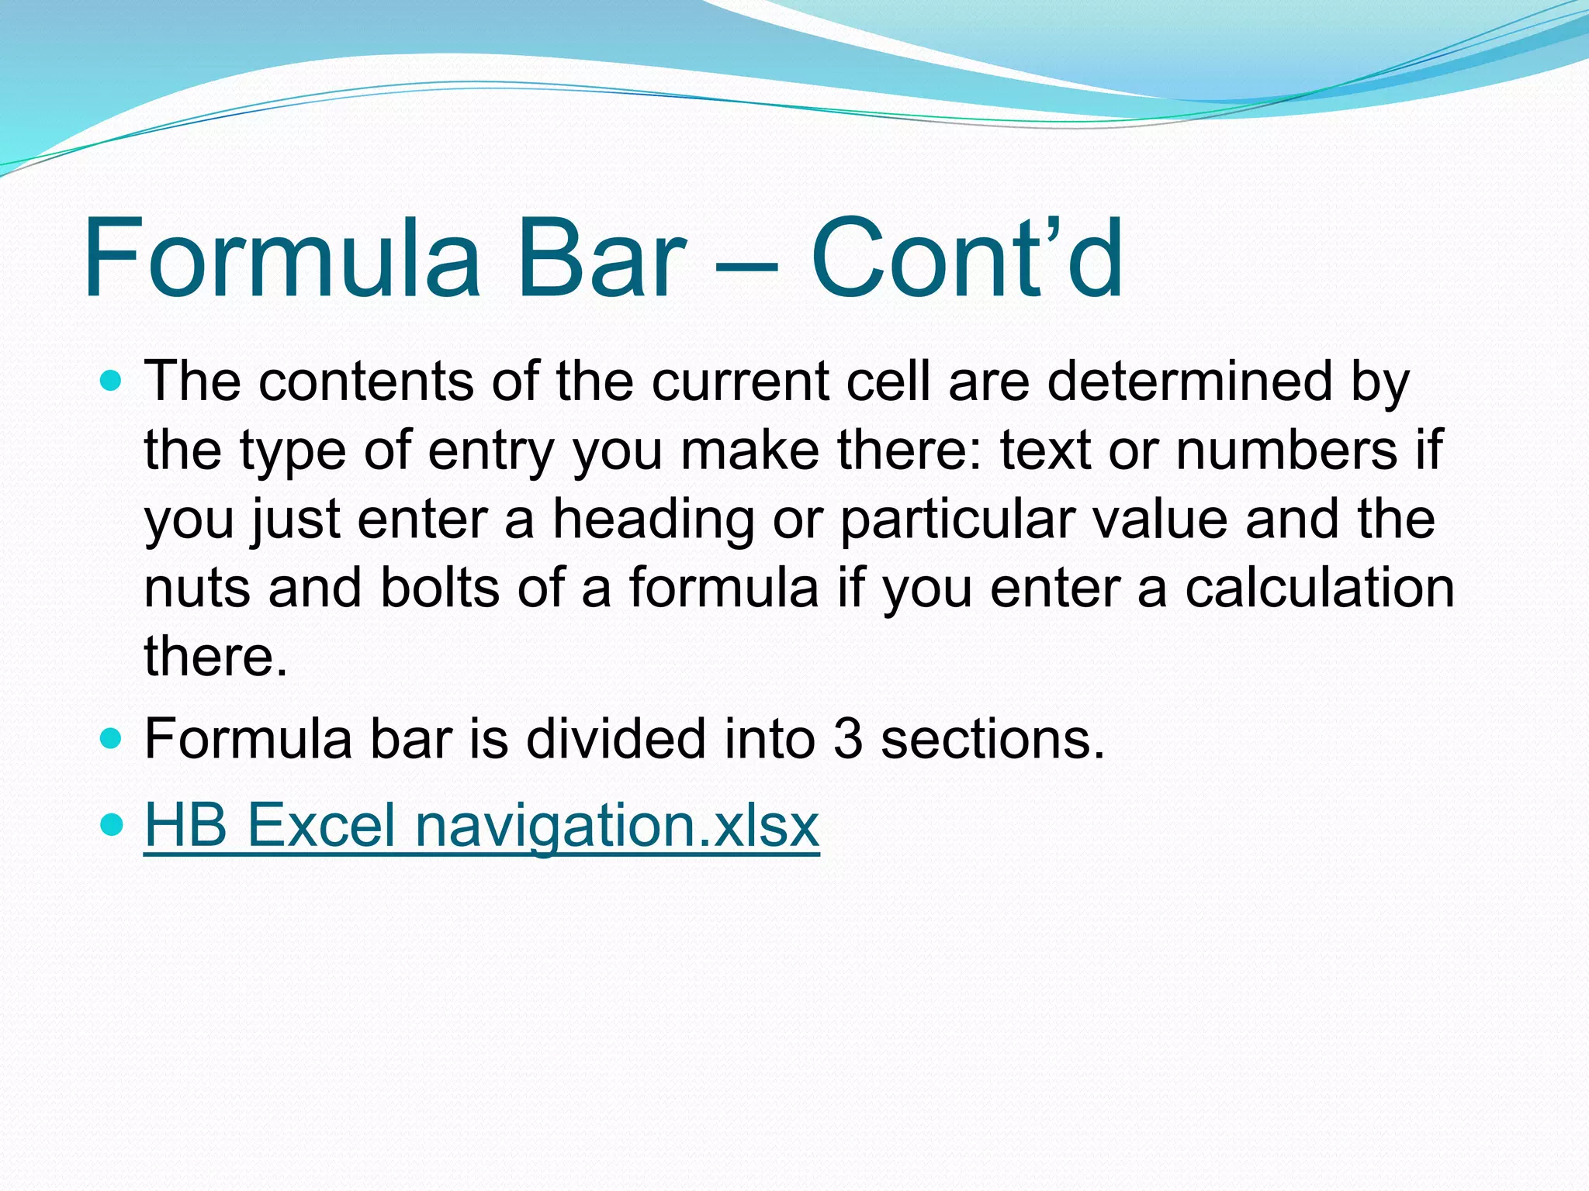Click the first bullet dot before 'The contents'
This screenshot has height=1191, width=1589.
coord(112,381)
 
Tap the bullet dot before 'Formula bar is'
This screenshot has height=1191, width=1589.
coord(112,738)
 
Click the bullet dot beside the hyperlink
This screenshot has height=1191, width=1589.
coord(112,824)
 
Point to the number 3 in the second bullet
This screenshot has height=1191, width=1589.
coord(847,738)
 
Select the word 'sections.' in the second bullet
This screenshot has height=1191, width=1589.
coord(992,738)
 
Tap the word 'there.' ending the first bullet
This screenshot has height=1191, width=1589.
coord(216,656)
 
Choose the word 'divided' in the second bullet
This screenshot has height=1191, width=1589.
coord(616,738)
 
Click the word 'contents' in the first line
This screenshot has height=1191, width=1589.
coord(365,381)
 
